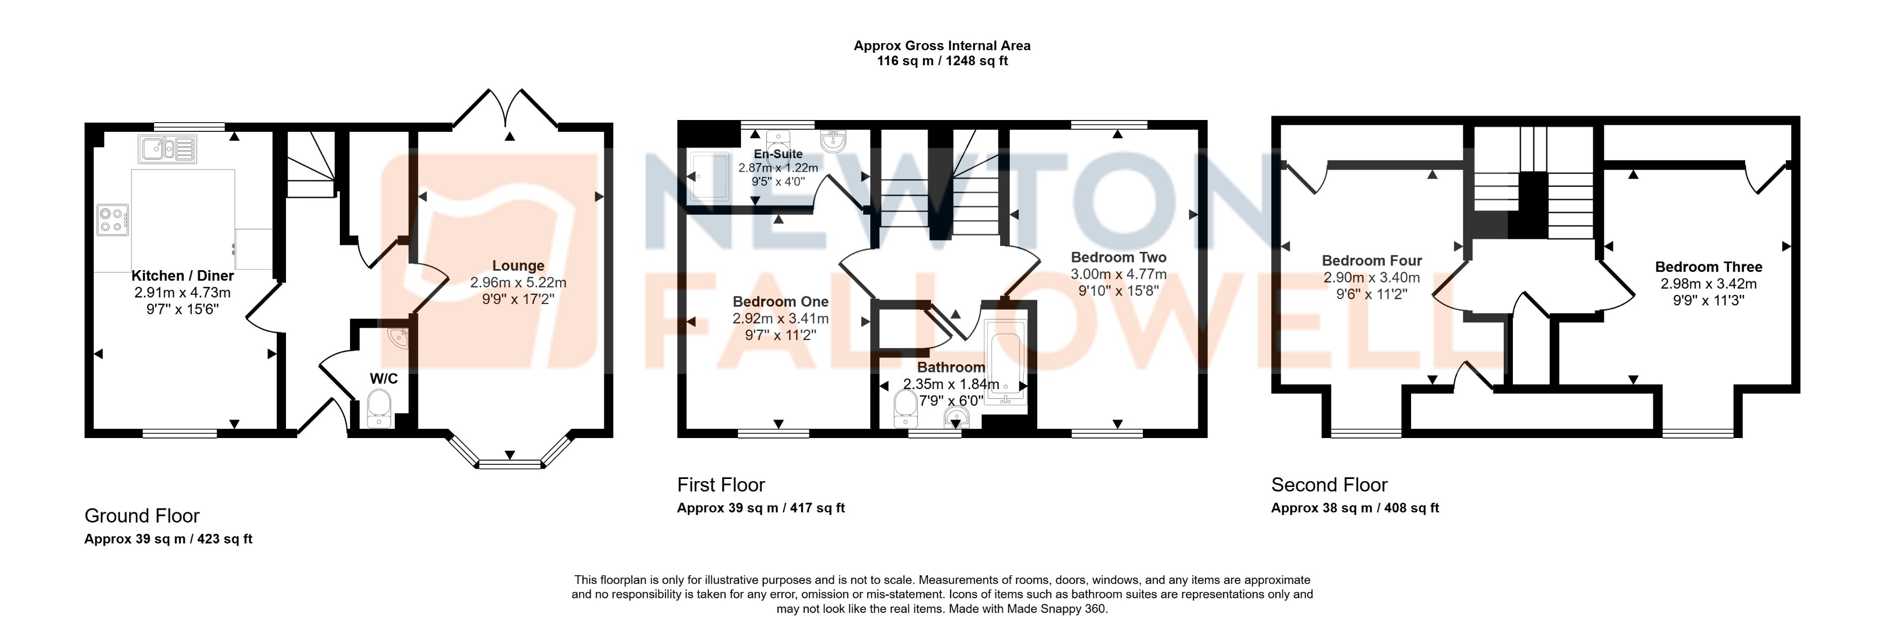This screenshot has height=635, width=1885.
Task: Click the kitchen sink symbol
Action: click(x=167, y=149)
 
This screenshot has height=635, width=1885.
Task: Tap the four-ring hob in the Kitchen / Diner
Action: click(x=113, y=220)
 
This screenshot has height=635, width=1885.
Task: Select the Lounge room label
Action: click(x=518, y=265)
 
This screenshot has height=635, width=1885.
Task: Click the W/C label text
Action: click(x=383, y=378)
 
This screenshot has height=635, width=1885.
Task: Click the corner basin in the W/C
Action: click(x=400, y=337)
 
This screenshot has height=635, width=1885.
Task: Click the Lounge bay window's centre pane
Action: click(x=509, y=464)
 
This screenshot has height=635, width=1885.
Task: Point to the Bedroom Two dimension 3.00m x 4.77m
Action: click(x=1118, y=274)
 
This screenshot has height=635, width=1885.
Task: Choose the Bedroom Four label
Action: click(x=1371, y=260)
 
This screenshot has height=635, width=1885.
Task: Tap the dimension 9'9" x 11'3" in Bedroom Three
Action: click(x=1708, y=300)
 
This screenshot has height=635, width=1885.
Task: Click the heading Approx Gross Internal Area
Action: click(x=942, y=45)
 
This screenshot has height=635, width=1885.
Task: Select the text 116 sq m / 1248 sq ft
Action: click(x=942, y=61)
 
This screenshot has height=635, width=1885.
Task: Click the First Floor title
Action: click(x=721, y=485)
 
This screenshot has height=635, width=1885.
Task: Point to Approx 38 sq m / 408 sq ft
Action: click(x=1355, y=507)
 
